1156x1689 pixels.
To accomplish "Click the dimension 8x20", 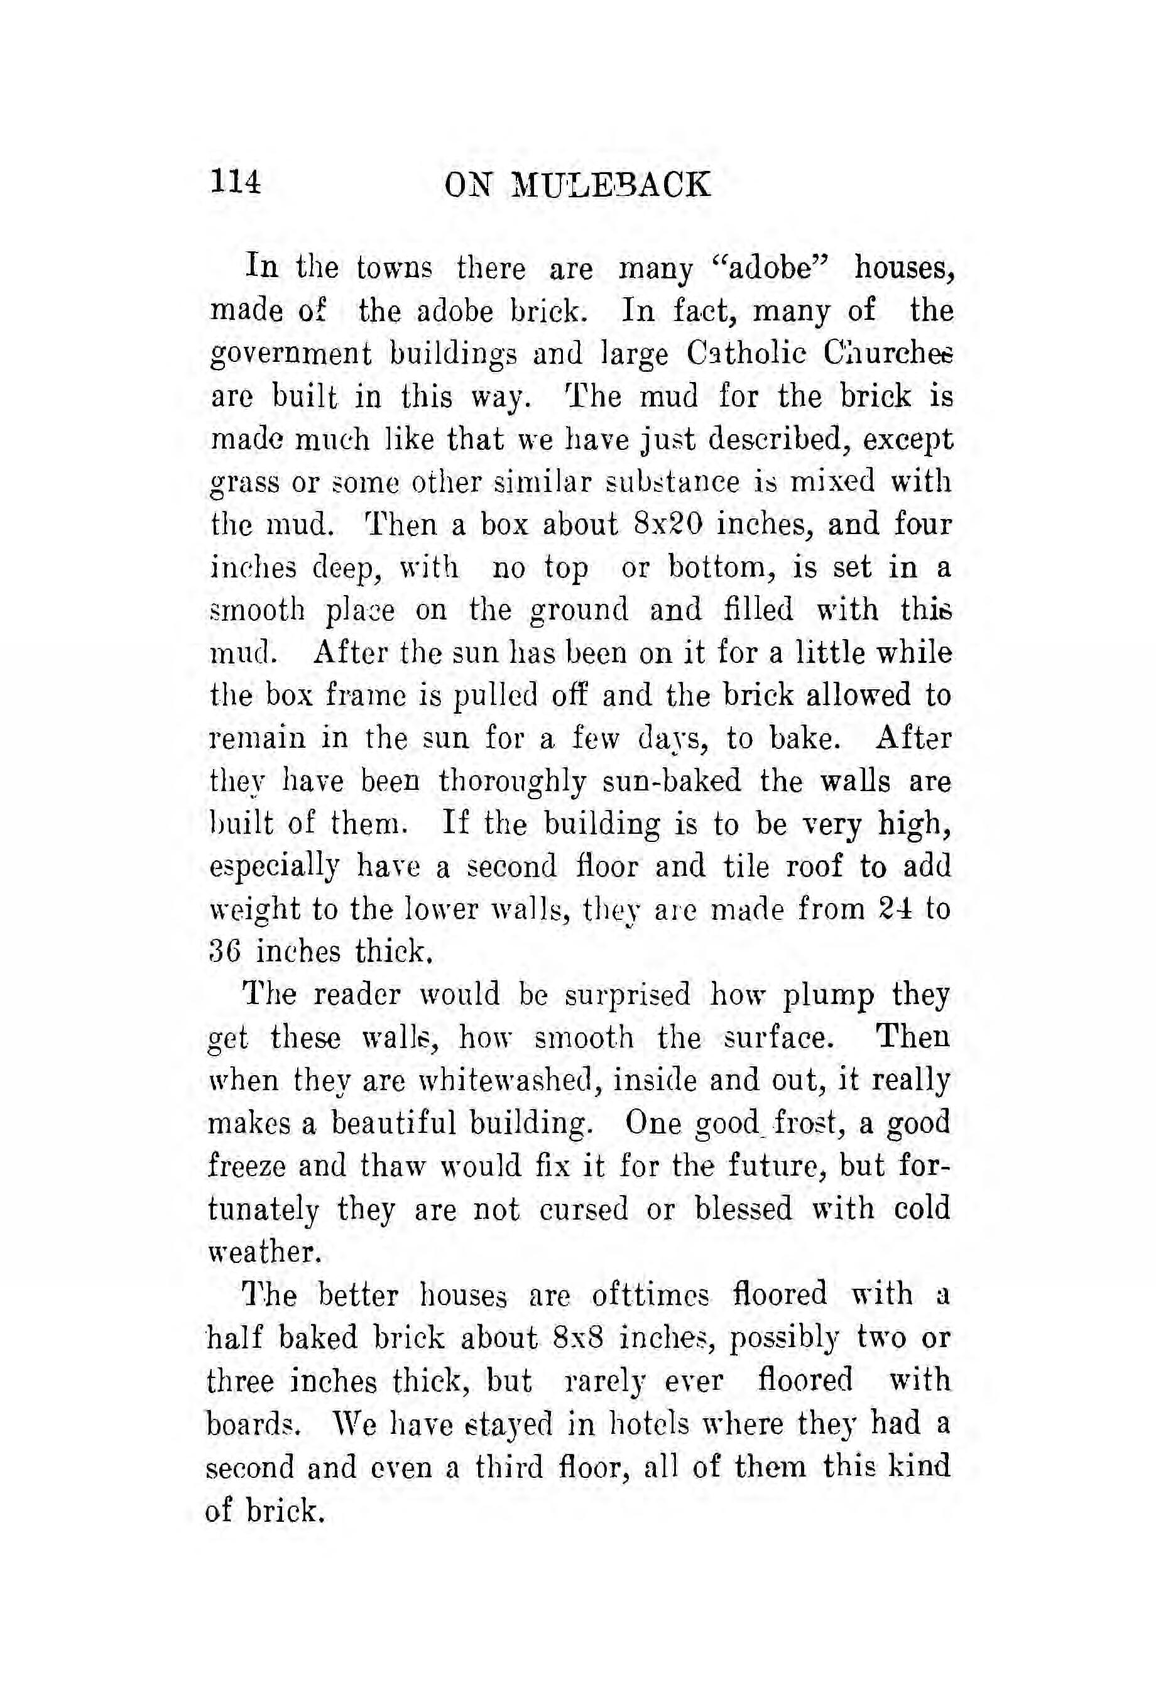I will [668, 524].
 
